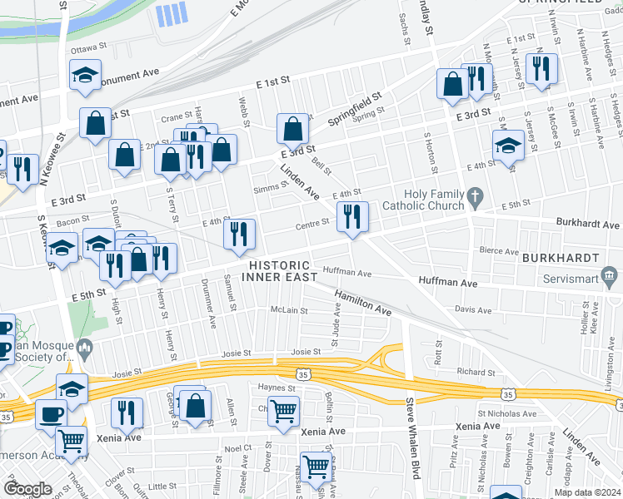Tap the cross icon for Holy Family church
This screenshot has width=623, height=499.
(x=475, y=198)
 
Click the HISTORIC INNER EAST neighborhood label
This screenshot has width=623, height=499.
(x=282, y=271)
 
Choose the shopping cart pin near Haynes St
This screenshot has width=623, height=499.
(x=284, y=410)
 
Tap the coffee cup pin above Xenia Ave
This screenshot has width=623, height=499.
(x=51, y=413)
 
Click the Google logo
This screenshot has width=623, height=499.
(x=27, y=489)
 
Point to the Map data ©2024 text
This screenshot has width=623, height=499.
(x=587, y=492)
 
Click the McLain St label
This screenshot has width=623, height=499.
(x=289, y=311)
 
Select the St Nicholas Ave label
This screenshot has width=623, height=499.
(x=506, y=413)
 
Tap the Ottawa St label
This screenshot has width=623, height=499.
(x=85, y=49)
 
